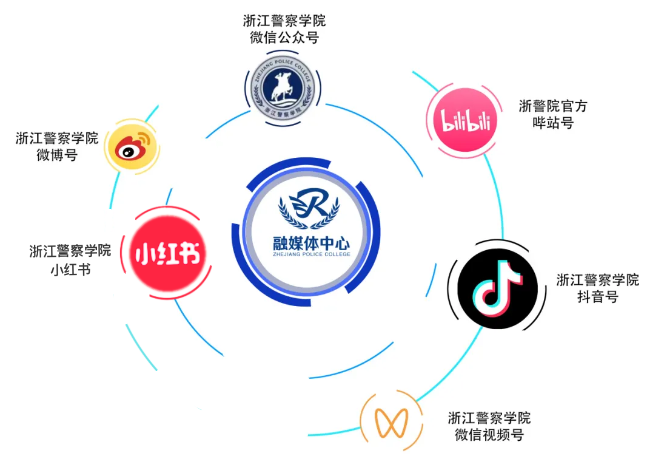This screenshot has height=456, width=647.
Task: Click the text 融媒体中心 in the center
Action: point(311,244)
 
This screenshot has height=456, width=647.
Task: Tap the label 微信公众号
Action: point(284,38)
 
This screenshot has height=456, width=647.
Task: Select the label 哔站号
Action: point(553,123)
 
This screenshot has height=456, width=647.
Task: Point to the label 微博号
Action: point(57,155)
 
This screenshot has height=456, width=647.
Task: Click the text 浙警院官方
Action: point(553,106)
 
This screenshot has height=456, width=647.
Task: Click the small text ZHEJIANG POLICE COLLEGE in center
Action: point(311,256)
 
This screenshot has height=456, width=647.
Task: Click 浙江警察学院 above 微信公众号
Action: point(284,21)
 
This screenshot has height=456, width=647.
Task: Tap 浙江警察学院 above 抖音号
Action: point(597,280)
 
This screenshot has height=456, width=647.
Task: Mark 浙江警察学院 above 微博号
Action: point(57,138)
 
